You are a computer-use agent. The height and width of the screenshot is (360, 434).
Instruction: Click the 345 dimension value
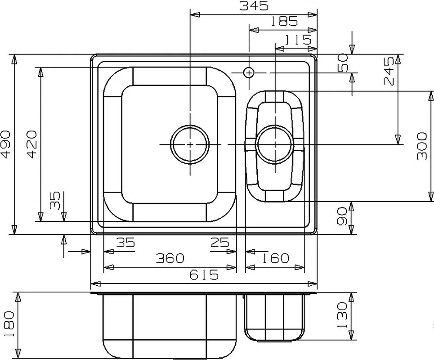(254, 6)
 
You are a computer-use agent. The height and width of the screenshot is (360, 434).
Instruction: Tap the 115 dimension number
(298, 40)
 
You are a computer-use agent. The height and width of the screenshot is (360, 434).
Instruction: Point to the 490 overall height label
(6, 144)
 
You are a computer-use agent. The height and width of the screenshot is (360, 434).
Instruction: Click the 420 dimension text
(32, 144)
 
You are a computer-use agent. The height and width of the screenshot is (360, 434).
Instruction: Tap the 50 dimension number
(343, 63)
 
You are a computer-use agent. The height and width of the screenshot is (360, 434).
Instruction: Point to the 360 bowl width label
(170, 258)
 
